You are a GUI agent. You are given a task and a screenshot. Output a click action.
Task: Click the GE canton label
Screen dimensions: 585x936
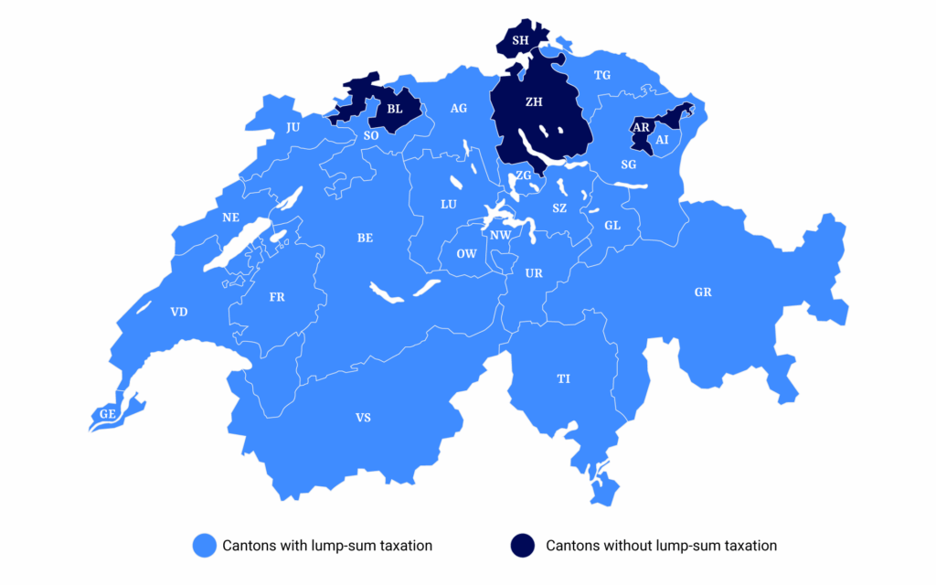[x=108, y=414]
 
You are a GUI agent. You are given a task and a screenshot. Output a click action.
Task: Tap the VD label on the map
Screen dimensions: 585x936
[x=179, y=313]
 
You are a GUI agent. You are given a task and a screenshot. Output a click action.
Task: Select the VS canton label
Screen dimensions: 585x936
[x=363, y=419]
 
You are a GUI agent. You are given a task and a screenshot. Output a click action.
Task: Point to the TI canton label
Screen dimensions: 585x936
[x=563, y=378]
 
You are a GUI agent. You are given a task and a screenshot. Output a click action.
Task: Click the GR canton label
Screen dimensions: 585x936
[x=703, y=292]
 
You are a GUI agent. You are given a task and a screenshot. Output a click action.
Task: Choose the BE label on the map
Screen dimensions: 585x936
[x=365, y=238]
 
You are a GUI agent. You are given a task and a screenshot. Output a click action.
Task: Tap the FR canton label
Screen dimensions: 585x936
[x=277, y=298]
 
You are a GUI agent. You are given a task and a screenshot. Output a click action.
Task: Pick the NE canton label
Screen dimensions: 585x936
[x=230, y=218]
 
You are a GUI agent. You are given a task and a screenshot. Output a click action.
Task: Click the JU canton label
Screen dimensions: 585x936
[x=292, y=128]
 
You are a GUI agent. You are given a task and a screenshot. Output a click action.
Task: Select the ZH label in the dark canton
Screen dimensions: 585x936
[x=534, y=103]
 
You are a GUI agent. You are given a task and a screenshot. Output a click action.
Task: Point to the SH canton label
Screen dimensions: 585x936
[x=520, y=40]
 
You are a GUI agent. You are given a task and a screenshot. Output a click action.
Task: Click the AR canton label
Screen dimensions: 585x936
[x=641, y=127]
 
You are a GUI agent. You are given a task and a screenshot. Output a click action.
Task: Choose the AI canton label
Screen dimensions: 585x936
[x=663, y=140]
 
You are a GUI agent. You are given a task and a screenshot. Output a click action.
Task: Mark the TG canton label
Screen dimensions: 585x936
[x=601, y=75]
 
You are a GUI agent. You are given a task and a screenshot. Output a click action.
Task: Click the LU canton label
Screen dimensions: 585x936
[x=449, y=204]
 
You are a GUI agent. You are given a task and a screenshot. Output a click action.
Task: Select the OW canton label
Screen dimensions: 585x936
[x=466, y=253]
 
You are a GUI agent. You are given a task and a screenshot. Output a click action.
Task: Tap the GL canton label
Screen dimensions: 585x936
[x=612, y=225]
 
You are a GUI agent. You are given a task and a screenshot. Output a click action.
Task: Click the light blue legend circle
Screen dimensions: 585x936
[x=203, y=546]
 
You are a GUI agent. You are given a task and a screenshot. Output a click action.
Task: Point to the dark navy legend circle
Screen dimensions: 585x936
[x=523, y=546]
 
